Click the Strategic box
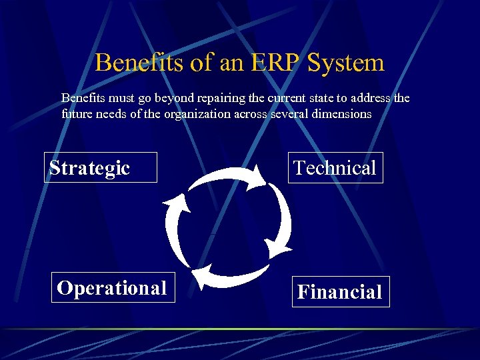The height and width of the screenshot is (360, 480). (x=101, y=167)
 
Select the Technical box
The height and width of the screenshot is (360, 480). (x=335, y=167)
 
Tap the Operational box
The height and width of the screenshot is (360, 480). (x=113, y=287)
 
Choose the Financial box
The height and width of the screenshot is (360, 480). (x=340, y=292)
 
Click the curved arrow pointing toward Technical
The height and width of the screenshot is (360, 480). (x=227, y=175)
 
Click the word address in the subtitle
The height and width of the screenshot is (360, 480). (x=369, y=98)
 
